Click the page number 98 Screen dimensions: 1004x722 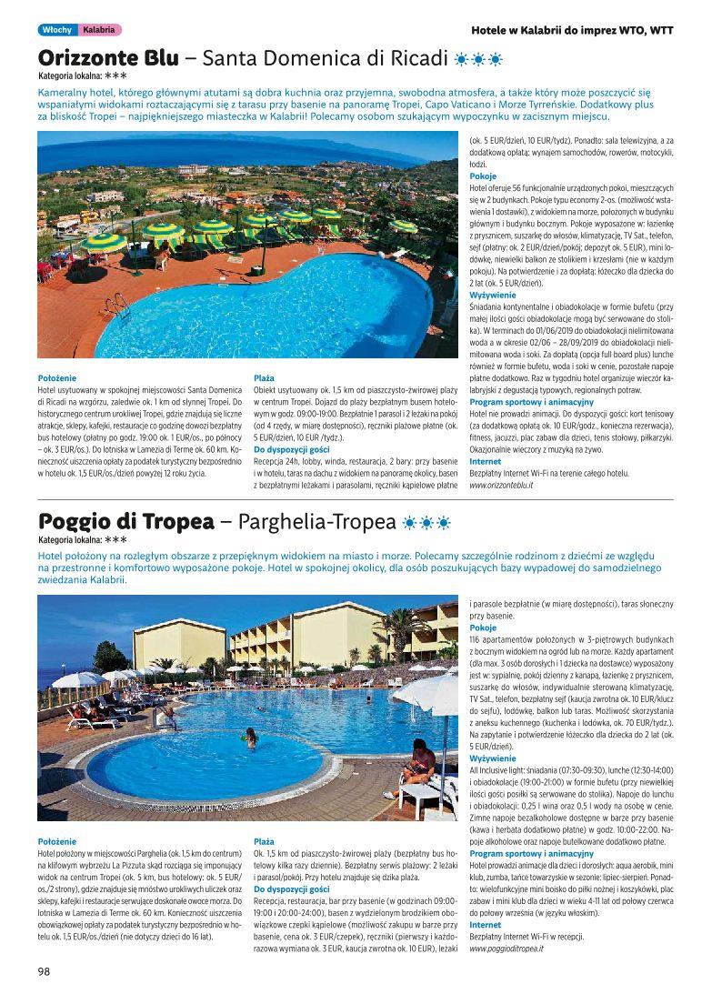43,970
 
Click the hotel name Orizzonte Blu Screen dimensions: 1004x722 108,59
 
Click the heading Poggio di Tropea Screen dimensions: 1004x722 126,522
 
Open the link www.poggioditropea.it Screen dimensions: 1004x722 506,949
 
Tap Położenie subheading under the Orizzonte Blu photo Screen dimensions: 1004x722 57,377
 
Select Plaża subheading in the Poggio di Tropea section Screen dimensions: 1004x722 264,842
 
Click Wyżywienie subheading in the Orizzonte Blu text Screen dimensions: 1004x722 493,296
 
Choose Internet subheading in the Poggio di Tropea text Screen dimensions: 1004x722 486,925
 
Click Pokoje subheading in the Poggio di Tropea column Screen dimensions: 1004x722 484,627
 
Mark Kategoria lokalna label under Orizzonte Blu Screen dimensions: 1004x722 72,76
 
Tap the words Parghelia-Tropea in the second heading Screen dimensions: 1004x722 330,522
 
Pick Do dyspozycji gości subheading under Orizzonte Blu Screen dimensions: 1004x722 291,449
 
